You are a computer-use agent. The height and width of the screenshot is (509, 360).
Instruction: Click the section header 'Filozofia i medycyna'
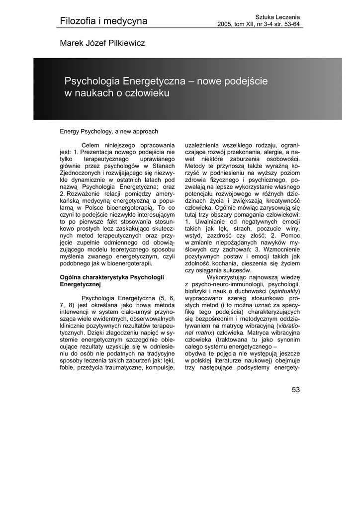103,21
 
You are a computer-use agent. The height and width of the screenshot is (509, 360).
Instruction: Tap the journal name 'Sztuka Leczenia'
277,17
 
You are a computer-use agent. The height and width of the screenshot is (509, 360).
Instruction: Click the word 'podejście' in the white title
250,81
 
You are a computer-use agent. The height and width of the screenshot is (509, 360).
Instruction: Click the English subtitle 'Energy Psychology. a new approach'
109,132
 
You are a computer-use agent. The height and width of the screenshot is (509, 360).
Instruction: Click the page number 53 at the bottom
296,390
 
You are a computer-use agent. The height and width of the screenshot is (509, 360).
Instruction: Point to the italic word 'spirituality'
284,290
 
